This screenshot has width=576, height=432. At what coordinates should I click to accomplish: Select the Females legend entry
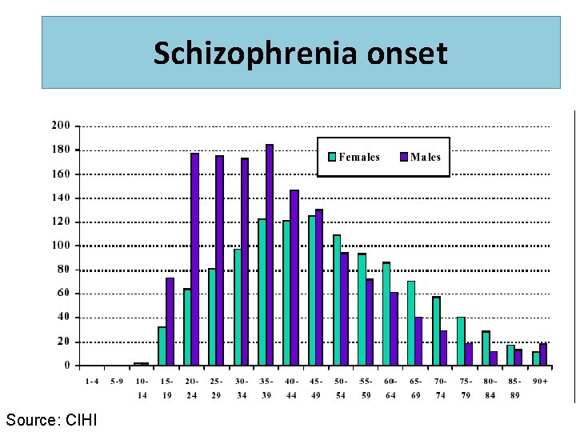coord(352,157)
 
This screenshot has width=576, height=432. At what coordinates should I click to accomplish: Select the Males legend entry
coord(420,157)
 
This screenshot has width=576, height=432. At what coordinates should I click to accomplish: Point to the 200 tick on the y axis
coord(61,126)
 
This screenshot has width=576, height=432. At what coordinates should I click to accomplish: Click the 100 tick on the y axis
coord(61,246)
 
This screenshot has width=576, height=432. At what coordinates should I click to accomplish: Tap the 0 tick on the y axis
coord(67,366)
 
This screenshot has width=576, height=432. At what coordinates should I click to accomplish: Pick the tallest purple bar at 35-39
coord(270,255)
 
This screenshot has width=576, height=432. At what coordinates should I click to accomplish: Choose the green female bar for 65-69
coord(411,323)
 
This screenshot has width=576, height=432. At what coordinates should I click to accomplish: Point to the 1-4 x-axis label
coord(92,382)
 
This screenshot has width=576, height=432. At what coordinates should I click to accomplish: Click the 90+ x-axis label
coord(540,382)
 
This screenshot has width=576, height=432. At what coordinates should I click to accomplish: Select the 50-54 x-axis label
coord(341,388)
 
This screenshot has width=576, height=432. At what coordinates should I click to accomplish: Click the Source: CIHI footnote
coord(51,419)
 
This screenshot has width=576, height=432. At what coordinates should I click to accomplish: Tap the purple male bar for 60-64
coord(394,329)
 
